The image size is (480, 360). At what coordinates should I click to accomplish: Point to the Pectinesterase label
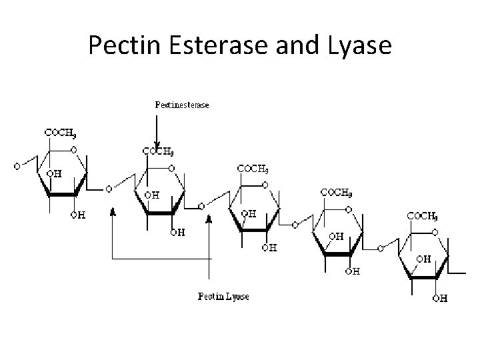pyautogui.click(x=181, y=105)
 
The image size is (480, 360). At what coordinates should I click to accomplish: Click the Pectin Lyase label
pyautogui.click(x=223, y=296)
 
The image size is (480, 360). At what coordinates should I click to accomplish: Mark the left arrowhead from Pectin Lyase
pyautogui.click(x=113, y=211)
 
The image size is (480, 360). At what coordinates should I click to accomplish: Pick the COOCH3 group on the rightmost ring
pyautogui.click(x=423, y=217)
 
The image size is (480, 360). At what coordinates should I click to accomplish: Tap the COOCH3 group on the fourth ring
pyautogui.click(x=337, y=193)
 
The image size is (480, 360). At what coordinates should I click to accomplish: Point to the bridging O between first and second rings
pyautogui.click(x=109, y=189)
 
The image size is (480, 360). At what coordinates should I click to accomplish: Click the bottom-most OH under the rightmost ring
pyautogui.click(x=439, y=298)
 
